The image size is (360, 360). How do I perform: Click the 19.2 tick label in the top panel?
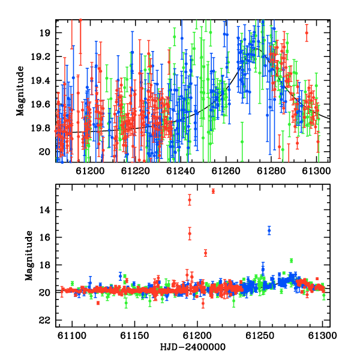point(40,57)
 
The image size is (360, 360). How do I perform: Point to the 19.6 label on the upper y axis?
point(40,104)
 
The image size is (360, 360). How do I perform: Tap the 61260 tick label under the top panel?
point(226,171)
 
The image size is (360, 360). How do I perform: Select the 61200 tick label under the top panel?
point(90,171)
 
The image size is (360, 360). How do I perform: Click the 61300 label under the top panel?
point(316,171)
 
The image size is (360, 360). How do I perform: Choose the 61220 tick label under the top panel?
point(135,171)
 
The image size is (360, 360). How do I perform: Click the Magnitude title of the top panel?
point(20,91)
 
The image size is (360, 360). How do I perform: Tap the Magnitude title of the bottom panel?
point(29,256)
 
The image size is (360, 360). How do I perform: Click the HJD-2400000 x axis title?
point(193,347)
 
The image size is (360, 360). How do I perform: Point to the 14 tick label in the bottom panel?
point(45,210)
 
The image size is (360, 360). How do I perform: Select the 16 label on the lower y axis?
point(45,238)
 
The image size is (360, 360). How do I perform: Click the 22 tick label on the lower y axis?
point(45,320)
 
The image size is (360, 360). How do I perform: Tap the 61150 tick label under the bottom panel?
point(134,335)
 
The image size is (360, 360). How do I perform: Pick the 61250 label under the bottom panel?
point(260,335)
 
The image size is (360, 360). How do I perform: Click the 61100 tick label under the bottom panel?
point(72,335)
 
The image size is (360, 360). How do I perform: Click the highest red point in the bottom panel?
point(213,191)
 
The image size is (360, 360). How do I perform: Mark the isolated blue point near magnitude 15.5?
point(269,230)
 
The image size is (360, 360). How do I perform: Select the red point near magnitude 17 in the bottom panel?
point(205,253)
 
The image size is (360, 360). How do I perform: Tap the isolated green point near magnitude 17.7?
point(292,260)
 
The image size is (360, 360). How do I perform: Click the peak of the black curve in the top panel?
point(257,49)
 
